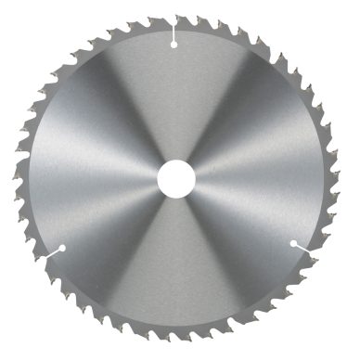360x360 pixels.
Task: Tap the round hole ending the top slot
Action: [x=174, y=43]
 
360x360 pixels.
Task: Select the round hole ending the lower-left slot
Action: [x=62, y=247]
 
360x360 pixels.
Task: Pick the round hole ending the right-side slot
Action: [x=293, y=243]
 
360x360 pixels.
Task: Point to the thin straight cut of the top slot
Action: [x=174, y=30]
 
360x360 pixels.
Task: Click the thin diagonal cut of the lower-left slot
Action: [x=51, y=253]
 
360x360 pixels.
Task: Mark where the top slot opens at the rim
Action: [x=174, y=18]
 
